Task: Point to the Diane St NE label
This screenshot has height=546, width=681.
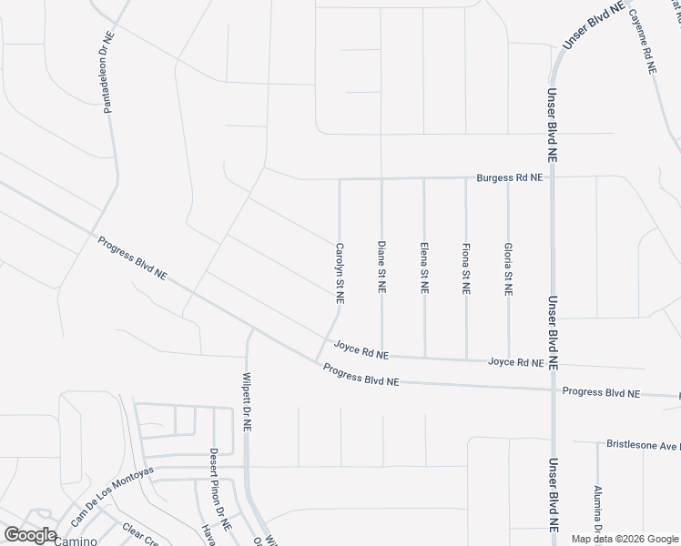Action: click(381, 268)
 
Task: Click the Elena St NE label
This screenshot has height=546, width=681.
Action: click(424, 268)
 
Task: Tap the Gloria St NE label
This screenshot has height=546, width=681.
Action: click(508, 269)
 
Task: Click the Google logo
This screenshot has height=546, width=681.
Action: click(29, 535)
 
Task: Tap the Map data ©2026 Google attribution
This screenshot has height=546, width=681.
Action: click(624, 539)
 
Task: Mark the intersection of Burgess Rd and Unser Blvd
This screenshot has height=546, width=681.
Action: click(553, 177)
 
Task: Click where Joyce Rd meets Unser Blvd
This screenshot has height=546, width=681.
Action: click(553, 363)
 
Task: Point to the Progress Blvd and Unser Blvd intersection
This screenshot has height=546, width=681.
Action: click(553, 390)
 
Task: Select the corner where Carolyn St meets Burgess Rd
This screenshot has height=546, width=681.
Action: click(340, 179)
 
